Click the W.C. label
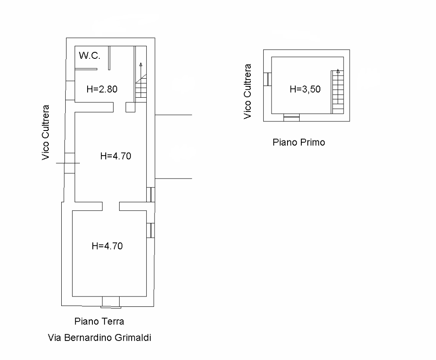click(x=89, y=55)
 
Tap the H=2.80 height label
click(x=102, y=89)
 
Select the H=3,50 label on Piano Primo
click(x=305, y=89)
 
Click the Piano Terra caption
click(x=99, y=321)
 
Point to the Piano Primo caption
click(x=299, y=142)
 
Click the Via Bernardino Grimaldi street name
click(x=100, y=338)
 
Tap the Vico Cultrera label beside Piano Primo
click(x=247, y=92)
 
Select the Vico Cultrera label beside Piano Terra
click(x=45, y=133)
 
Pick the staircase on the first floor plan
click(x=338, y=92)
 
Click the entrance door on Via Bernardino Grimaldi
click(x=111, y=302)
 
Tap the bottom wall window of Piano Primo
click(x=291, y=118)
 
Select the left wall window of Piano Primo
click(x=268, y=79)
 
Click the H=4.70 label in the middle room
click(x=116, y=156)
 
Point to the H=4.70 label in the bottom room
click(x=107, y=246)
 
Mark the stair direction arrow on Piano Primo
click(x=338, y=71)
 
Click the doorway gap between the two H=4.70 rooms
click(x=111, y=206)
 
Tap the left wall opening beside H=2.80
click(x=70, y=90)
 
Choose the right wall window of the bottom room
click(x=151, y=230)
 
